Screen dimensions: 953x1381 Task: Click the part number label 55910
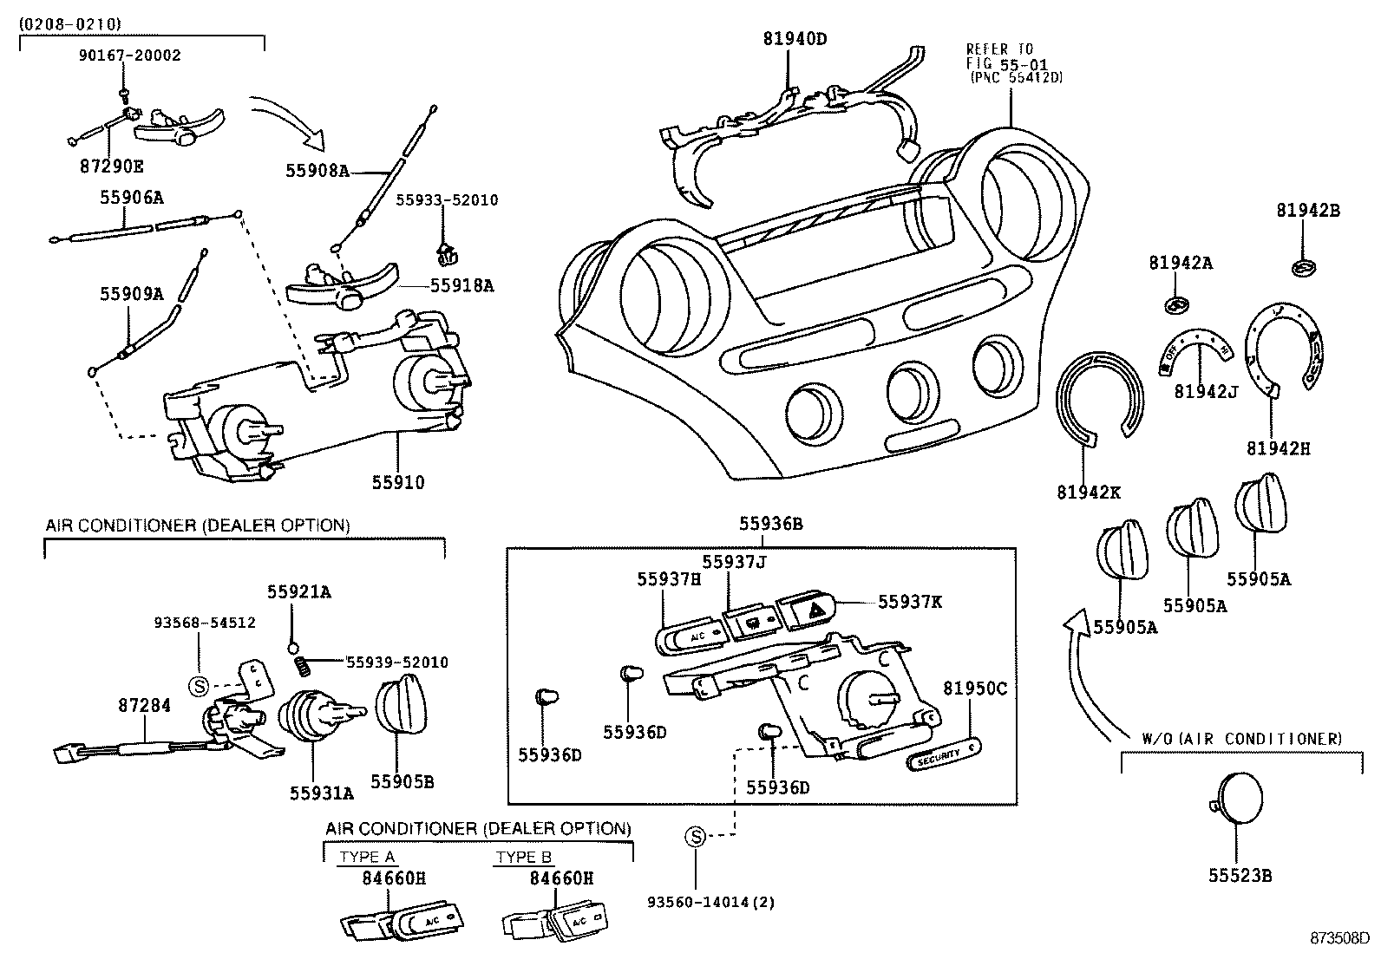coord(398,483)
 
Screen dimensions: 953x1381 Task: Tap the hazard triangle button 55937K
coord(807,612)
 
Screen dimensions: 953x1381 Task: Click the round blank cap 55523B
coord(1238,799)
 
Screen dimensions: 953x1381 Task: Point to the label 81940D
coord(795,38)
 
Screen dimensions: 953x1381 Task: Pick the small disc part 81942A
coord(1175,304)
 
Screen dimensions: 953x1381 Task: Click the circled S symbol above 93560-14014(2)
coord(696,837)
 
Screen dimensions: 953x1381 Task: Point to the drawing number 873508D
coord(1339,938)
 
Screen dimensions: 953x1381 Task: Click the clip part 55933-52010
coord(446,252)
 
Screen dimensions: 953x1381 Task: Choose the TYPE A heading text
coord(367,857)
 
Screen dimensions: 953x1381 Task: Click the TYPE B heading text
coord(523,857)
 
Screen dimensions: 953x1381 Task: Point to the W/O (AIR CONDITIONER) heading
coord(1240,739)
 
